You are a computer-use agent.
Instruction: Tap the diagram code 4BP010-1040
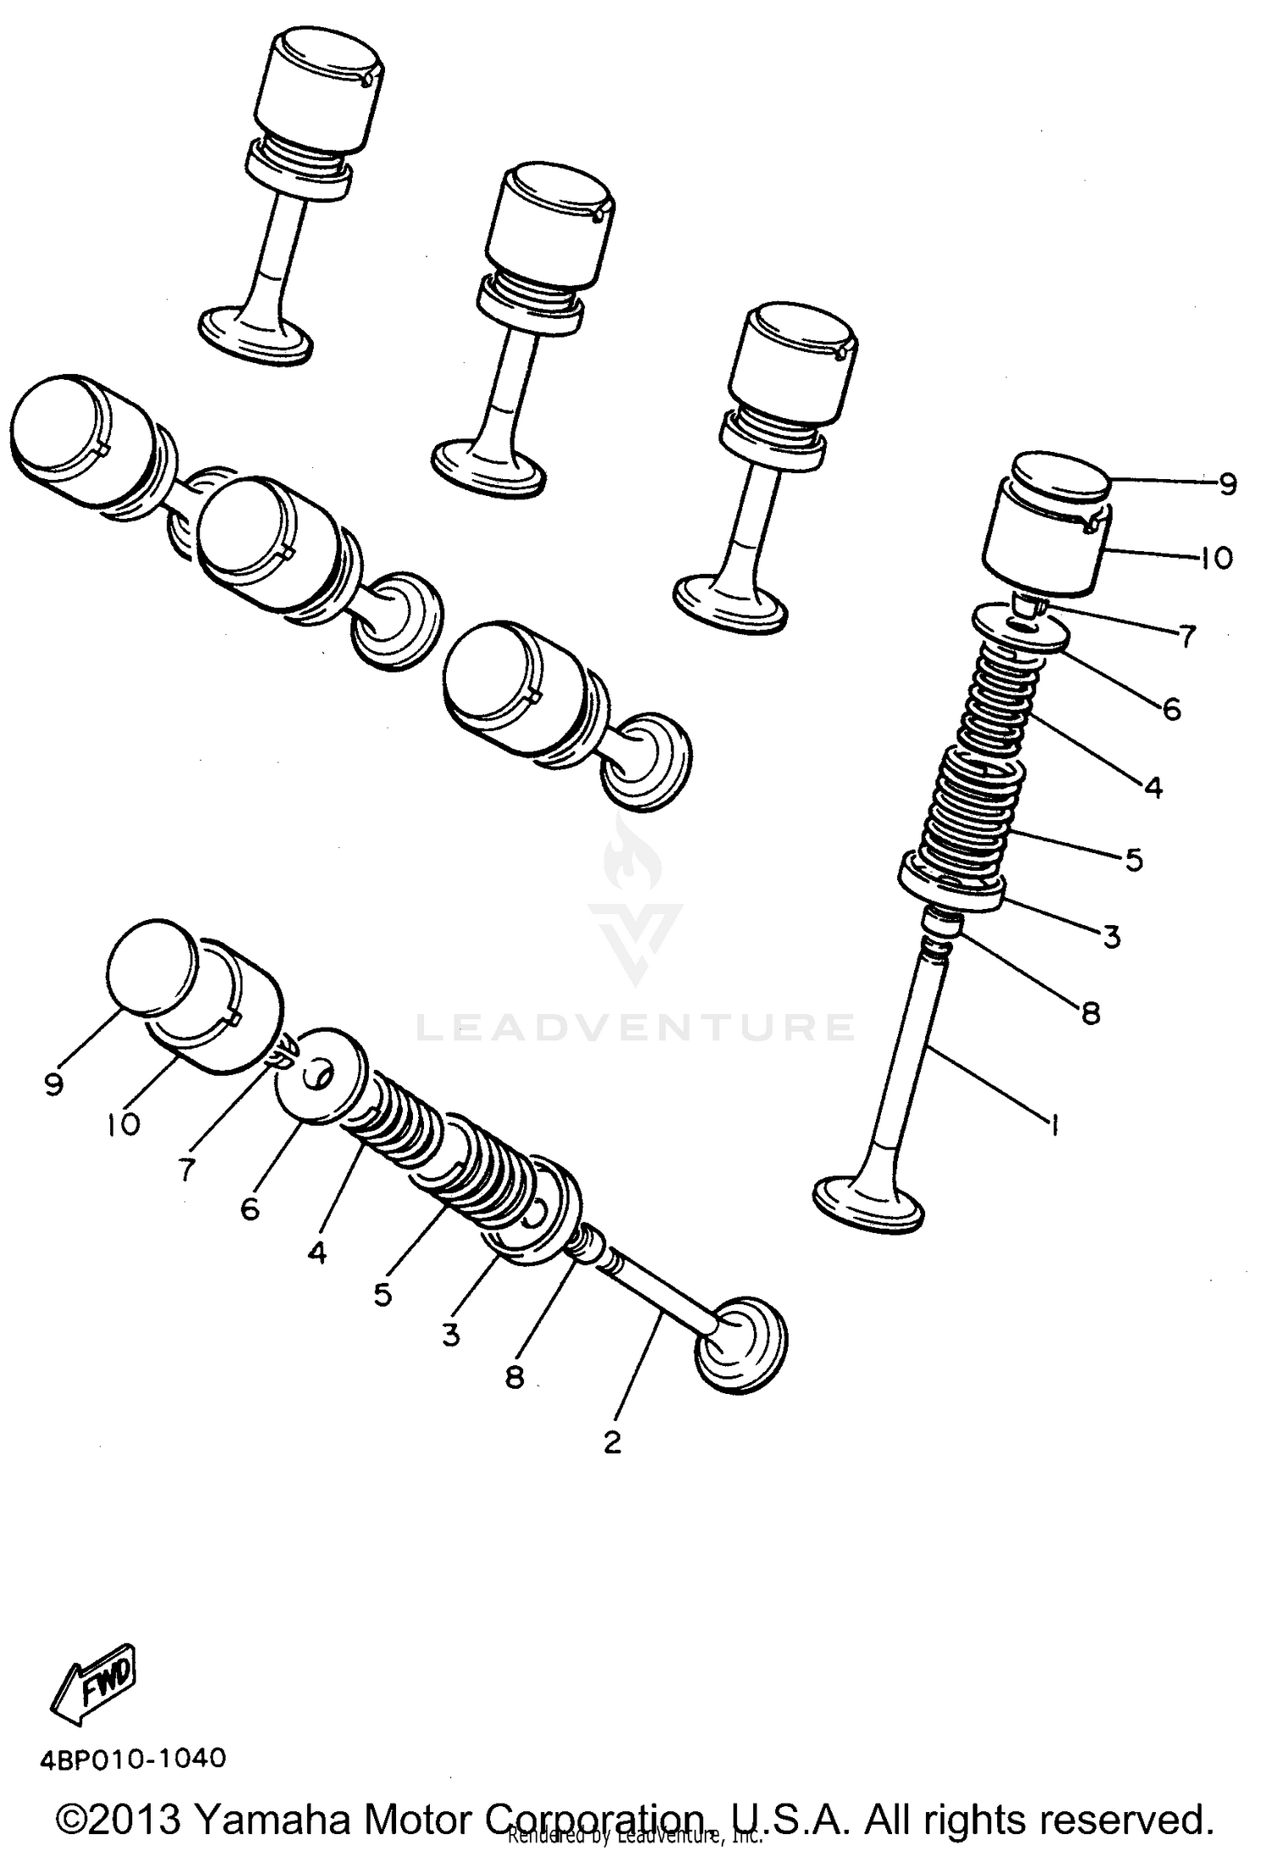pyautogui.click(x=134, y=1757)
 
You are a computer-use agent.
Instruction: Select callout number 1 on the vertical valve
pyautogui.click(x=1054, y=1126)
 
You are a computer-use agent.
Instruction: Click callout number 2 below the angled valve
pyautogui.click(x=612, y=1441)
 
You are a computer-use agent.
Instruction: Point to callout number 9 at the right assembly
pyautogui.click(x=1227, y=484)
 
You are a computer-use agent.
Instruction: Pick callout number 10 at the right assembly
pyautogui.click(x=1215, y=559)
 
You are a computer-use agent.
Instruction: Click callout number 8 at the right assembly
pyautogui.click(x=1091, y=1012)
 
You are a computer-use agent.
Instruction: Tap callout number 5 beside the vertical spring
pyautogui.click(x=1135, y=860)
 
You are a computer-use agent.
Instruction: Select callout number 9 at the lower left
pyautogui.click(x=54, y=1084)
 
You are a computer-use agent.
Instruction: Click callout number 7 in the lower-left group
pyautogui.click(x=187, y=1169)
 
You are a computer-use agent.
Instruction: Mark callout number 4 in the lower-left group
pyautogui.click(x=316, y=1252)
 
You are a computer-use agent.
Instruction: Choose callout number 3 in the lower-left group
pyautogui.click(x=450, y=1334)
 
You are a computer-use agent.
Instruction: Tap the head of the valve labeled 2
pyautogui.click(x=740, y=1355)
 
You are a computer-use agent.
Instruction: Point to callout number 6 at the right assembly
pyautogui.click(x=1171, y=708)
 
